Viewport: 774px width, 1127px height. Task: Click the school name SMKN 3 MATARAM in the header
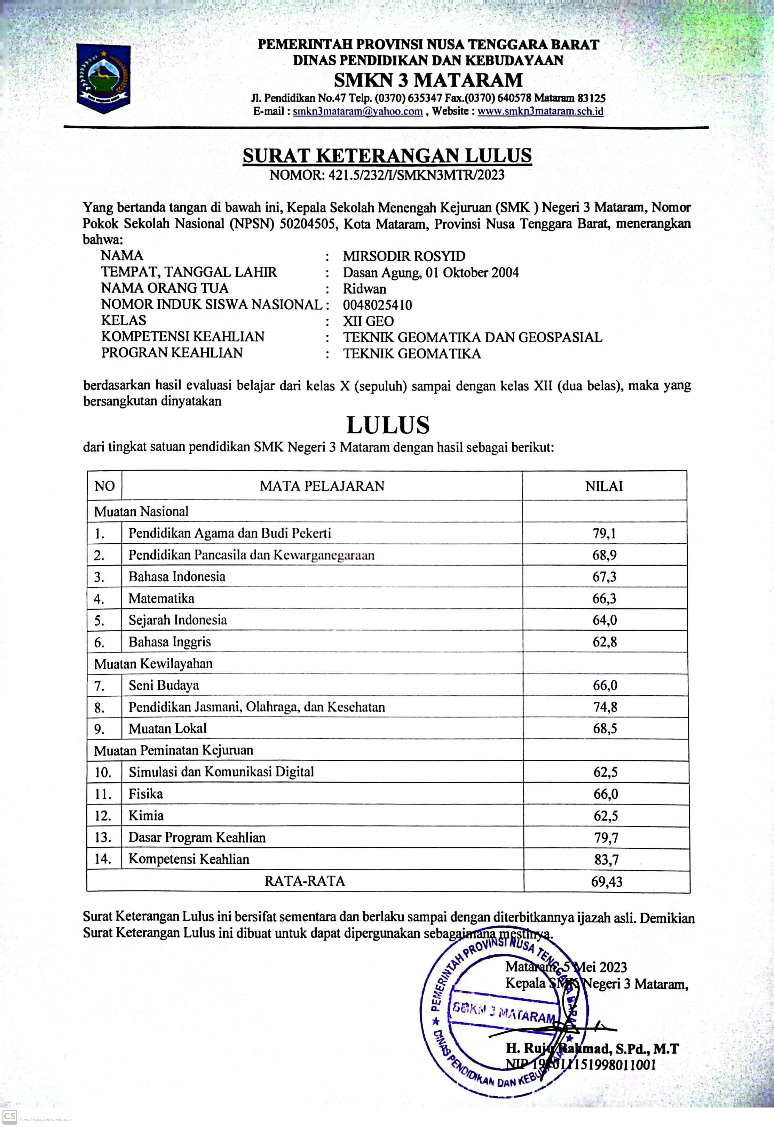(x=428, y=80)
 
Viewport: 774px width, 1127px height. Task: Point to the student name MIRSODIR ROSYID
(x=404, y=256)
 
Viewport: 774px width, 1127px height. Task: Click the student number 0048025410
(x=378, y=305)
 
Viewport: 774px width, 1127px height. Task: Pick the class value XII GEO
(x=368, y=321)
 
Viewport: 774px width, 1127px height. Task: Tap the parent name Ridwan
(x=364, y=289)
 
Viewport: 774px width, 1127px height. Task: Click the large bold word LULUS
(x=388, y=425)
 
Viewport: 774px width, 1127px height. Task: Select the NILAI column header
(x=604, y=486)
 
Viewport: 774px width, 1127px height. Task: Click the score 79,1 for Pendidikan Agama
(x=604, y=534)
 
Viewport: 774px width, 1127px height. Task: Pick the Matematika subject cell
(x=161, y=598)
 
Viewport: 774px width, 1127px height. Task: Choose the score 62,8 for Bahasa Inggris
(x=605, y=642)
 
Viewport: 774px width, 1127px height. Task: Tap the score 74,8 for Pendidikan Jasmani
(x=605, y=707)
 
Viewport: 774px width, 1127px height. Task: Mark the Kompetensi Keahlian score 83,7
(x=606, y=860)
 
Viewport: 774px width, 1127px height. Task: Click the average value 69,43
(x=606, y=882)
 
